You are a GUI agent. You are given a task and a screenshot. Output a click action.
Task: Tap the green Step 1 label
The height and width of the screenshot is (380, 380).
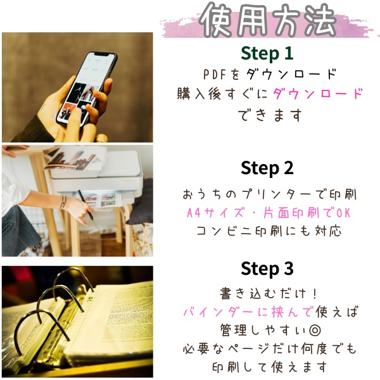click(x=267, y=52)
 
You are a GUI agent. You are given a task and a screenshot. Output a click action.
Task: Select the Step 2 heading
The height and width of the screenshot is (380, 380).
click(x=267, y=168)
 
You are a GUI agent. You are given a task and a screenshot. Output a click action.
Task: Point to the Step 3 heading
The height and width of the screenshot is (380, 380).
click(x=267, y=269)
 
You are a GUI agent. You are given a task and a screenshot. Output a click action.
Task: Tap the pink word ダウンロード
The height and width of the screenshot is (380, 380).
click(x=319, y=94)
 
